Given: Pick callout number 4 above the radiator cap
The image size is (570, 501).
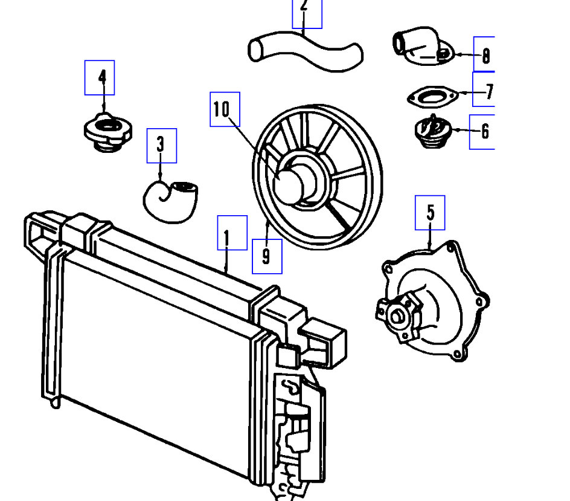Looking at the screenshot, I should [100, 77].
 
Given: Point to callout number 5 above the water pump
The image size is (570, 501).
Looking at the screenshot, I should [430, 212].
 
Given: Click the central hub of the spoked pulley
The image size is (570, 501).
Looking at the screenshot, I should [293, 183].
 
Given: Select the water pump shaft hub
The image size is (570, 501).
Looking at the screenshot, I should [398, 315].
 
